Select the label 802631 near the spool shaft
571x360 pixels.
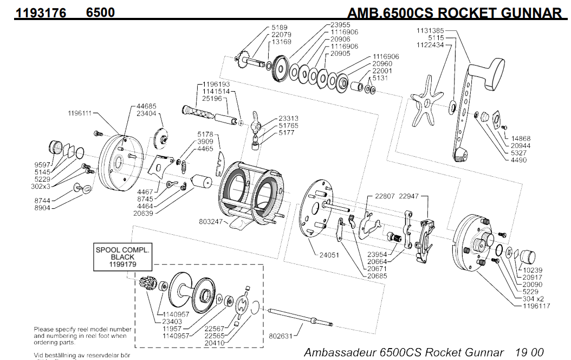click(281, 336)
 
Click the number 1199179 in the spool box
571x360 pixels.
click(123, 264)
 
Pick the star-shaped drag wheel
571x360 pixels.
click(426, 105)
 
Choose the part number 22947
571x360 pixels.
click(410, 196)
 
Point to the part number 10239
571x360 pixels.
click(534, 270)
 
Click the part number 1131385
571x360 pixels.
click(430, 31)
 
